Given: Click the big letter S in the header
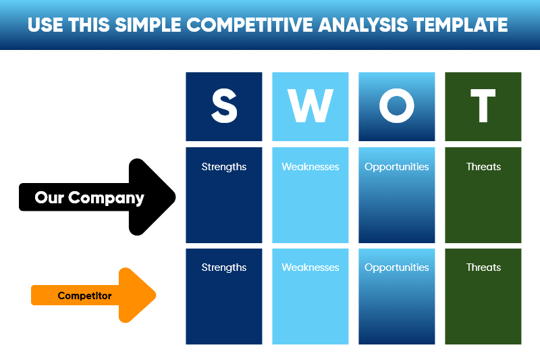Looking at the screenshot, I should (x=224, y=107).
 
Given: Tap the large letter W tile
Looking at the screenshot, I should (x=310, y=107).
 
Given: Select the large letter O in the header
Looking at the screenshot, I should (x=397, y=107).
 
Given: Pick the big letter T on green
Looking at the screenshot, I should (x=483, y=107).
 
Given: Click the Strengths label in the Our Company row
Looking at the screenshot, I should (x=224, y=167).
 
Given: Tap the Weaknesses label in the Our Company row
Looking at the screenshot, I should (x=310, y=167).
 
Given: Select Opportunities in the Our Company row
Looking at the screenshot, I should (x=397, y=167).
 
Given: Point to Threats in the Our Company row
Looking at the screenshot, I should (x=483, y=167).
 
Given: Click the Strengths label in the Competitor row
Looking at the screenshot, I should (x=224, y=267).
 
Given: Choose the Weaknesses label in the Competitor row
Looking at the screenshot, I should (x=310, y=267).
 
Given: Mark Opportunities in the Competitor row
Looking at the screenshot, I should (x=397, y=267).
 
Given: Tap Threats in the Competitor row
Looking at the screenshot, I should (x=483, y=267).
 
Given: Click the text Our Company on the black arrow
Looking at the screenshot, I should (x=89, y=198).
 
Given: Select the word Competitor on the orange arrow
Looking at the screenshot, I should (x=84, y=296).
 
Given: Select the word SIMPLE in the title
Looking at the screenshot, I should (x=148, y=26).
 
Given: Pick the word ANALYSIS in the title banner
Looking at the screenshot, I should (x=365, y=26).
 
